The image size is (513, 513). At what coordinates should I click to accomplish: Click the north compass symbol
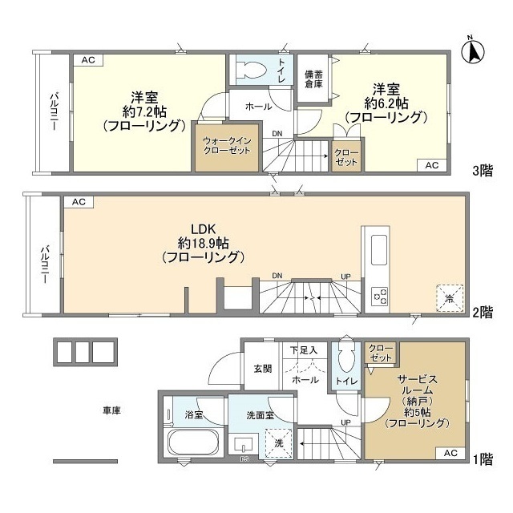coord(472,51)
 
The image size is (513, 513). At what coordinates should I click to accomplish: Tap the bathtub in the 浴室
coord(193,442)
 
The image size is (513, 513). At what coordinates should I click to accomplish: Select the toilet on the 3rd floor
coord(251,70)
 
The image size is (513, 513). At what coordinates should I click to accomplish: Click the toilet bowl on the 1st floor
coord(346,357)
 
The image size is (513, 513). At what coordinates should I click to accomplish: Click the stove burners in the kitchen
coord(379,296)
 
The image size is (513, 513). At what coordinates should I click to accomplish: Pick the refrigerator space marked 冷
coord(450,298)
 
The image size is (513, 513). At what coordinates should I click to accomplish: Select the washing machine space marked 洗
coord(278,443)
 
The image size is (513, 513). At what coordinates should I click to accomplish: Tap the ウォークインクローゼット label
coord(227,146)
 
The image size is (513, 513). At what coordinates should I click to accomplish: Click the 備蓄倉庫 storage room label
coord(313,79)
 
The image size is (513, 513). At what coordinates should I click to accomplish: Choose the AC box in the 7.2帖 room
coord(88,60)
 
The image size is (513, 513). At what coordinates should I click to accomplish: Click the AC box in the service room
coord(450,453)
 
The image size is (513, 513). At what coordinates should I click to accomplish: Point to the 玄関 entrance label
coord(263,369)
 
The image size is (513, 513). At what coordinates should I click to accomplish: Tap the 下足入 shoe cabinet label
coord(304,350)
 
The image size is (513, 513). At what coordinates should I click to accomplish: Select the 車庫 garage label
coord(112,410)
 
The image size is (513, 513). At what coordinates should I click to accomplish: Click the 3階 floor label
coord(483,171)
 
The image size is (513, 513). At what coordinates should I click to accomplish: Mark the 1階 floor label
coord(483,459)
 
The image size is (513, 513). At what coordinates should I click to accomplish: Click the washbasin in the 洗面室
coord(244,443)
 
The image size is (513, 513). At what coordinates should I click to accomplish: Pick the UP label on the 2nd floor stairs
coord(345,277)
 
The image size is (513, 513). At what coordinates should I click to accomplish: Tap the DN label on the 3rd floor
coord(277,134)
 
